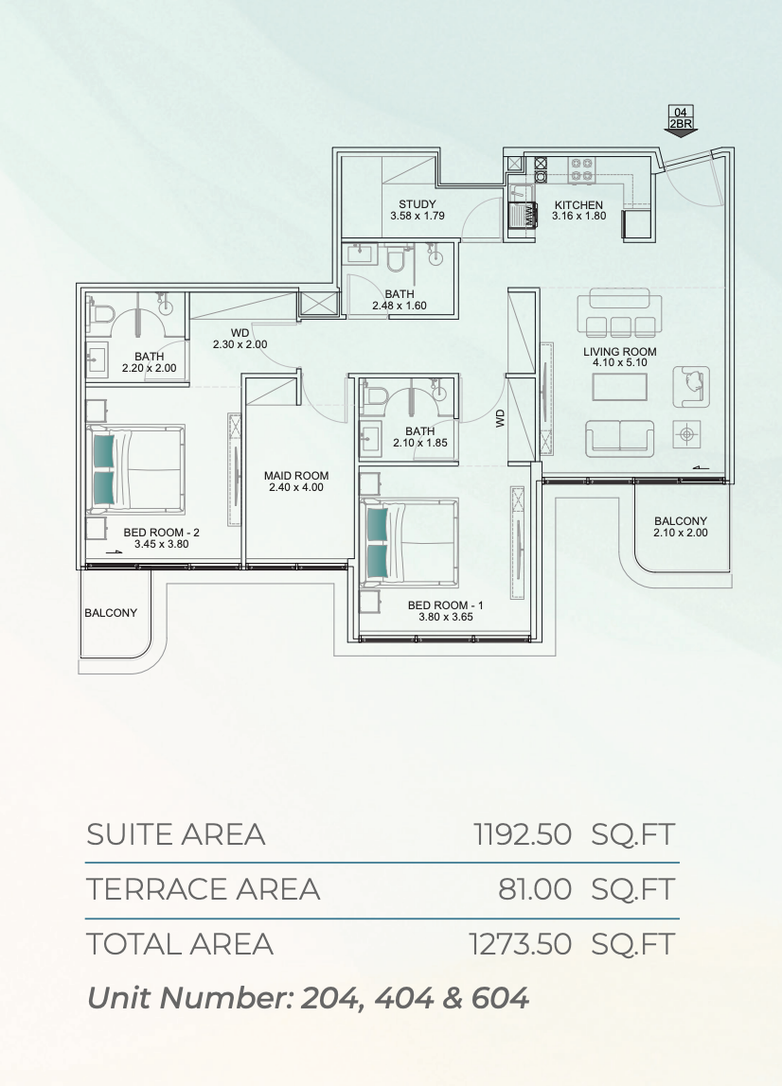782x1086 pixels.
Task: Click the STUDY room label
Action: (418, 204)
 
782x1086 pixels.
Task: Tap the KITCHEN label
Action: (578, 205)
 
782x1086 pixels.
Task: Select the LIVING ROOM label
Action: (620, 352)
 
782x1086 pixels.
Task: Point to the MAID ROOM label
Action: (296, 476)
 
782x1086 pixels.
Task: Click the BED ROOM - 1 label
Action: (446, 605)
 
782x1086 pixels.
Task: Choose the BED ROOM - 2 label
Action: (162, 533)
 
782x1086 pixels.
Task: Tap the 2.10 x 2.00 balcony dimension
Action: (681, 533)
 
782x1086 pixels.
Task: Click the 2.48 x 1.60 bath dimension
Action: (400, 306)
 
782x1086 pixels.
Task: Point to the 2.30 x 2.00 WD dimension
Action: (240, 344)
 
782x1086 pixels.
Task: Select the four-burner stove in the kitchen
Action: (581, 169)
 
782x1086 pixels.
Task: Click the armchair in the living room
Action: (691, 387)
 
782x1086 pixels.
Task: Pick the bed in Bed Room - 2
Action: (135, 469)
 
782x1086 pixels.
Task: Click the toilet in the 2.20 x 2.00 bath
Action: (102, 314)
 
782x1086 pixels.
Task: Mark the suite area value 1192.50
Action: (523, 834)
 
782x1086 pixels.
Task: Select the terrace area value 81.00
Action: (535, 889)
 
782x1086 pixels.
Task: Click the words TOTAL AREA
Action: (180, 945)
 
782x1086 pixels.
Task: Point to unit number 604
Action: (500, 998)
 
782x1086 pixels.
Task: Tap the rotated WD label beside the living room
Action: (501, 417)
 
